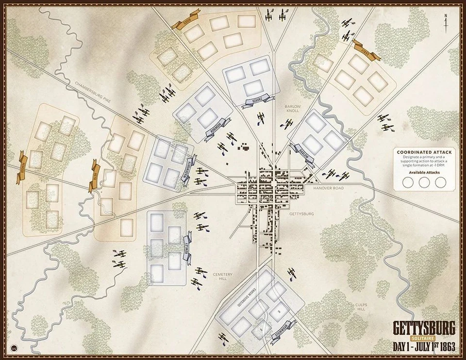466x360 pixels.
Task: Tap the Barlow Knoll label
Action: [293, 109]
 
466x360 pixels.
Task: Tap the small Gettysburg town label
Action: [301, 214]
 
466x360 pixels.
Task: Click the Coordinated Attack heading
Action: [424, 152]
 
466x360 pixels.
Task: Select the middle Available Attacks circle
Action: [424, 182]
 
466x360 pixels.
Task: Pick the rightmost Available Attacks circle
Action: [440, 182]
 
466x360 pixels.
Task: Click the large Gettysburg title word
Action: [424, 328]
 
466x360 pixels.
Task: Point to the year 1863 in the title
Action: [446, 347]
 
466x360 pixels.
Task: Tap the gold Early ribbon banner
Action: [367, 51]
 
